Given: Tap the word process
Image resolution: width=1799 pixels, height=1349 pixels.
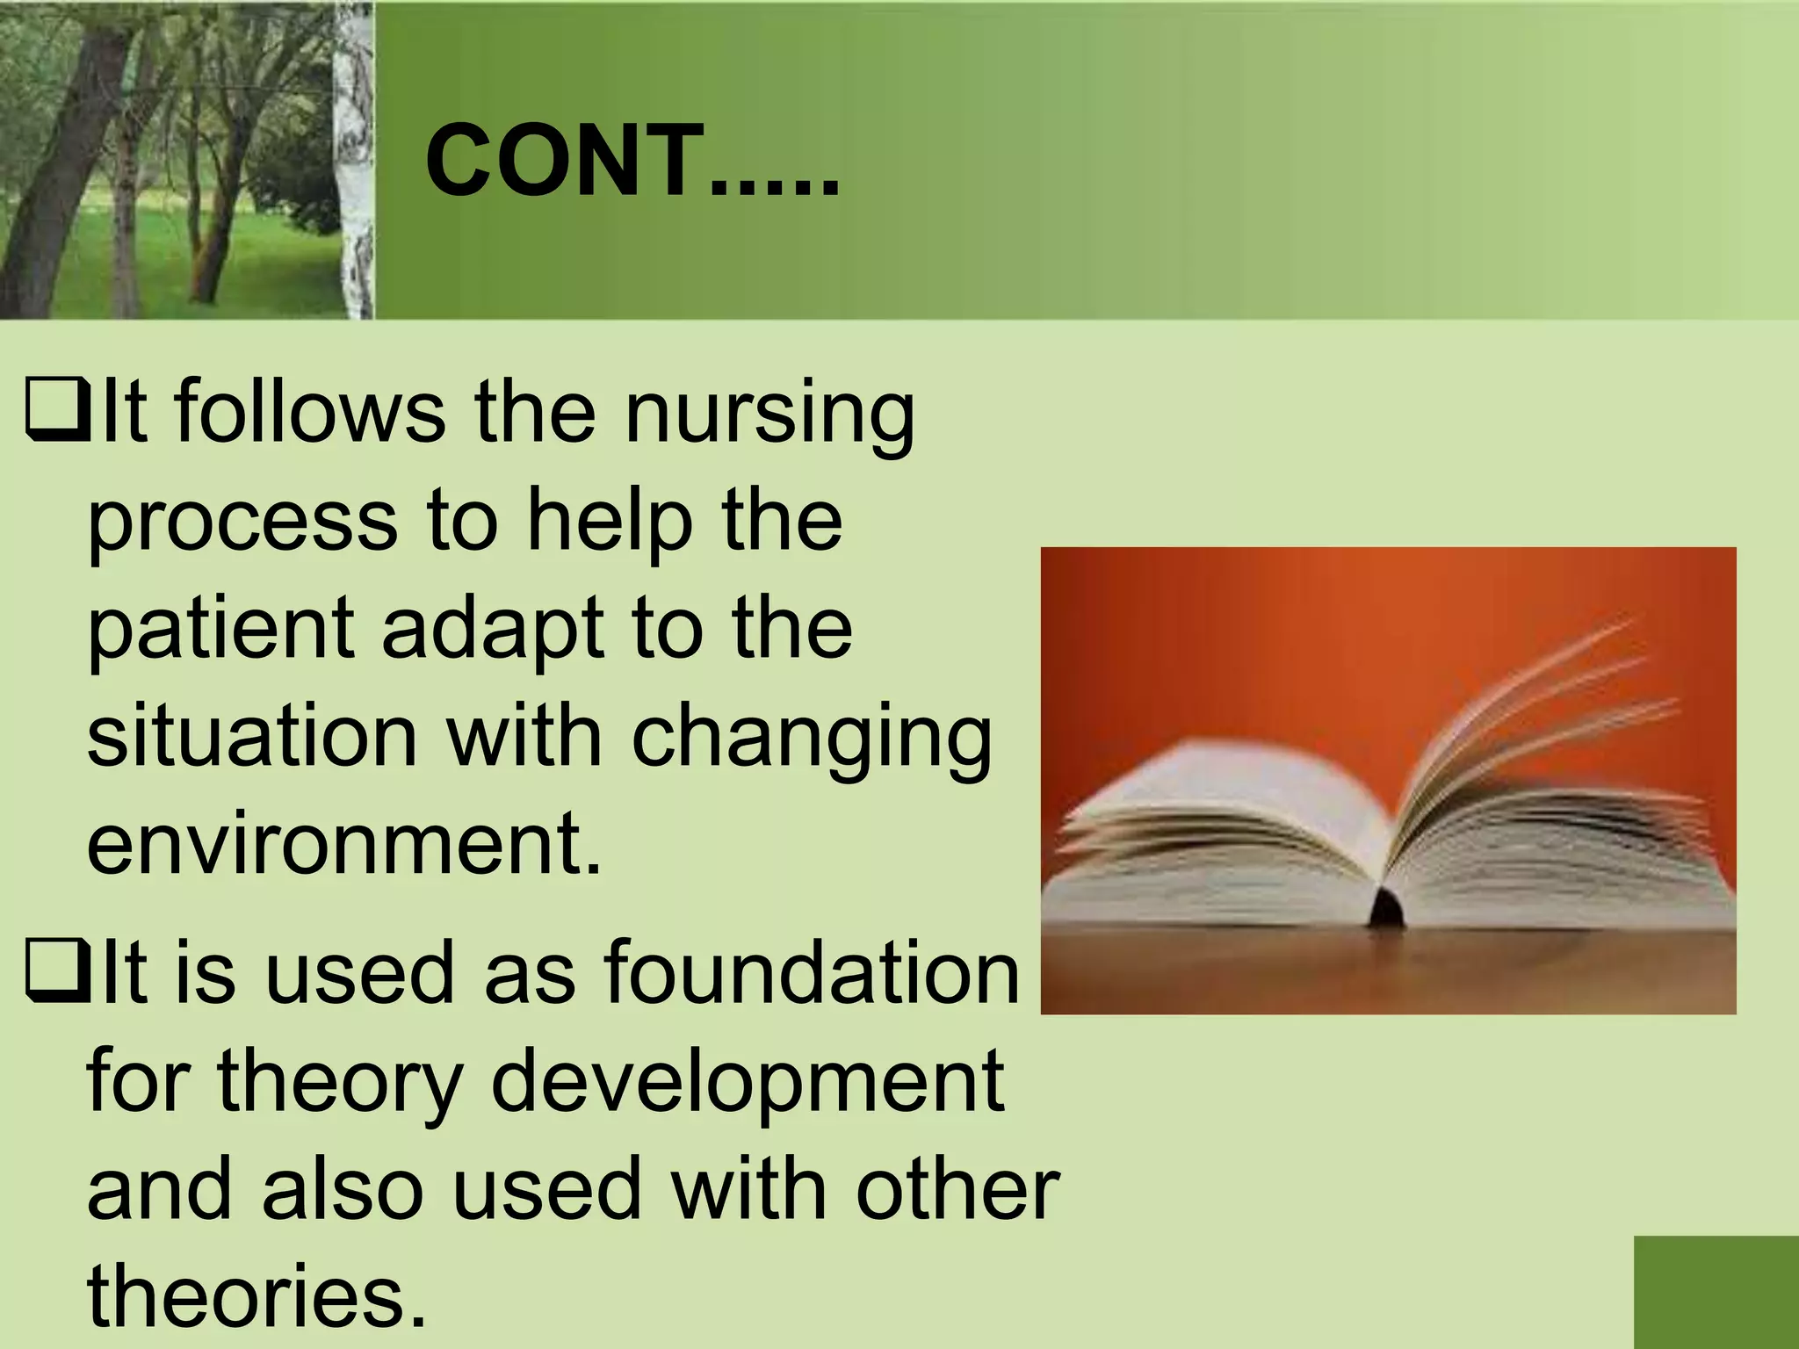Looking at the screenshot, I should [x=242, y=523].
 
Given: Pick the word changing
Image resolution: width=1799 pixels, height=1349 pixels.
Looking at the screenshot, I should [x=811, y=739].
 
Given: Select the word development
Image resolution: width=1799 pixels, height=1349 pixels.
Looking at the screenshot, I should [x=747, y=1082].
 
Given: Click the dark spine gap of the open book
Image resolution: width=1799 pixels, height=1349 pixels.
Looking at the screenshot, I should [x=1385, y=906].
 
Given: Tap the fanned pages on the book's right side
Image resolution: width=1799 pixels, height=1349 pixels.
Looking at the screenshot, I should [x=1564, y=790].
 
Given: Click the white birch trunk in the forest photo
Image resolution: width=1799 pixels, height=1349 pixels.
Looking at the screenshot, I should [x=356, y=158].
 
